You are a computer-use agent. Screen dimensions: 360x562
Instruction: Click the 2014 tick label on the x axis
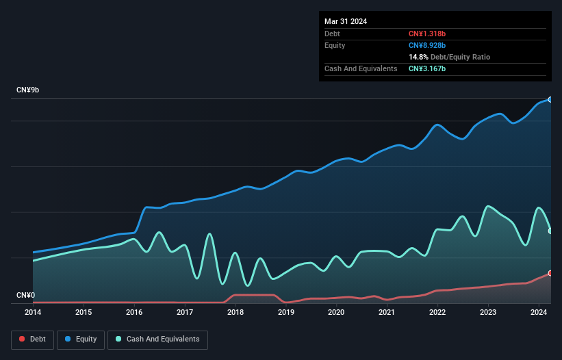(33, 313)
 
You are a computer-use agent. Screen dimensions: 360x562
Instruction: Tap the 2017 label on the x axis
(184, 313)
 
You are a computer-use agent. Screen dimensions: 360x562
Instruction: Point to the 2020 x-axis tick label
(336, 313)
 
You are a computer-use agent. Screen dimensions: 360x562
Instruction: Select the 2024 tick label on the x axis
(538, 313)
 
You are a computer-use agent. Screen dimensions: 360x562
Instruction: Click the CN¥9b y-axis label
(28, 90)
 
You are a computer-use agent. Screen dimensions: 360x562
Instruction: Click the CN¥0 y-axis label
(25, 296)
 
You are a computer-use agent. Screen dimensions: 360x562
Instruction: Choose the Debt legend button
(33, 339)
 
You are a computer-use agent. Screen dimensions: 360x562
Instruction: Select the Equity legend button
(81, 339)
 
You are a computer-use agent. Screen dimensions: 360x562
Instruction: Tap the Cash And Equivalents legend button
(157, 339)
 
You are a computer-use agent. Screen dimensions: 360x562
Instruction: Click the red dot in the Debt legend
(23, 339)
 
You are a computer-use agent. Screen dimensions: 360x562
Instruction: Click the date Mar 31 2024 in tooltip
(346, 21)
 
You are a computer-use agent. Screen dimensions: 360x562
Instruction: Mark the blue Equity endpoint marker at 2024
(550, 99)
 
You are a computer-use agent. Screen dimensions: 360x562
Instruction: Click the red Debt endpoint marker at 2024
(550, 273)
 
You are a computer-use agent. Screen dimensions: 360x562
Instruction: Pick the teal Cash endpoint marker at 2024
(550, 231)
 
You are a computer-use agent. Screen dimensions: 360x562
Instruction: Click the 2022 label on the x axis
(437, 313)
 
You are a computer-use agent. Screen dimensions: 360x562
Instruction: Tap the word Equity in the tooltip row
(335, 45)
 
